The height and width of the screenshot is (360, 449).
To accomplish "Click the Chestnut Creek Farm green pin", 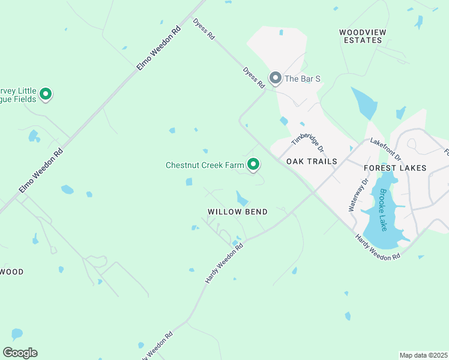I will point(253,164).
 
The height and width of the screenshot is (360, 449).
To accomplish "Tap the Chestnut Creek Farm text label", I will point(205,164).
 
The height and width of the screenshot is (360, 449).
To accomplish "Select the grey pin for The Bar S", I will point(276,78).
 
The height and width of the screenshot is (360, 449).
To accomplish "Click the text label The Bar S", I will point(303,79).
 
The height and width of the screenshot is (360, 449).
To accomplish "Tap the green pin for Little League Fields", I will point(46,94).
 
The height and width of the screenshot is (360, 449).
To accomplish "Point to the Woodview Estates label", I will point(360,36).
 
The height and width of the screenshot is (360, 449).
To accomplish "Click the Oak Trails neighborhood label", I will point(312,161).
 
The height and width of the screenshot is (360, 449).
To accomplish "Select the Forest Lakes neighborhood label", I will point(395,168).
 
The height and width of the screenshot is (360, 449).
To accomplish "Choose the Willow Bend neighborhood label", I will point(237,212).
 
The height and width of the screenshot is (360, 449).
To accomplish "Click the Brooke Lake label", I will point(382,211).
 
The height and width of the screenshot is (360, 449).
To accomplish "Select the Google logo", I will point(20,352).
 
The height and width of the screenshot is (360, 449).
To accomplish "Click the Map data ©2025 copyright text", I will point(423,355).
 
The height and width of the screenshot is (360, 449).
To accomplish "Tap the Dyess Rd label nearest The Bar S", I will point(254,78).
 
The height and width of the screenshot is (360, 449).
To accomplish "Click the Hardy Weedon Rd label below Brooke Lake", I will point(378,248).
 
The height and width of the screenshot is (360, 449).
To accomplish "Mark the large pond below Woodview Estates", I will point(364,103).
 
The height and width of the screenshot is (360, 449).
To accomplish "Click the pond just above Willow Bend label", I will point(242,198).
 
